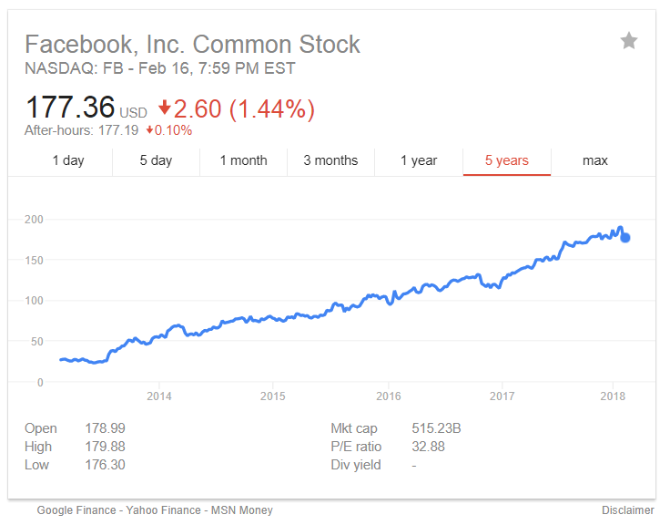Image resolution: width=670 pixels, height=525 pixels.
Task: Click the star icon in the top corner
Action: click(x=629, y=41)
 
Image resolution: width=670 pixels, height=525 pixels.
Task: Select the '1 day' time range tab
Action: click(x=68, y=160)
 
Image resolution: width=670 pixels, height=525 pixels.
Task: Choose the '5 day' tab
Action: click(x=156, y=160)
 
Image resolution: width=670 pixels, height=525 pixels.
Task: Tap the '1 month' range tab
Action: click(x=243, y=160)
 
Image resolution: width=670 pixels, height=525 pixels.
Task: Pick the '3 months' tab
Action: click(x=330, y=160)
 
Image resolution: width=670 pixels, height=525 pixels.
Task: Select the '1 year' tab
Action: click(x=419, y=160)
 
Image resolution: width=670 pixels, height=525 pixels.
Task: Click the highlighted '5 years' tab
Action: click(x=506, y=160)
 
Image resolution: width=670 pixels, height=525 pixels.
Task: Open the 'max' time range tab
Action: click(x=594, y=160)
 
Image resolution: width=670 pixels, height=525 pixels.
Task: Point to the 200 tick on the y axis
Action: click(x=34, y=220)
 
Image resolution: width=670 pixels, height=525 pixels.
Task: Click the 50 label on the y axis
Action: click(x=36, y=342)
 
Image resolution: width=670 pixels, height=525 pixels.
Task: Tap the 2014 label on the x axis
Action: click(x=158, y=396)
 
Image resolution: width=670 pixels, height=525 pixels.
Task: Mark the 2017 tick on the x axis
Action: click(x=502, y=396)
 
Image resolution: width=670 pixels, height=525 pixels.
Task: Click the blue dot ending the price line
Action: click(x=625, y=238)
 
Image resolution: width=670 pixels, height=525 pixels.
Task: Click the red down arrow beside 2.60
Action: click(x=164, y=108)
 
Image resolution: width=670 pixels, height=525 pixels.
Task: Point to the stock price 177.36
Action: click(x=70, y=108)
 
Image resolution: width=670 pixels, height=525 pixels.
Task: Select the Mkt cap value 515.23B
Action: click(x=435, y=428)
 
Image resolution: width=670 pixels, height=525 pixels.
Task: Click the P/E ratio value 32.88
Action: click(x=428, y=447)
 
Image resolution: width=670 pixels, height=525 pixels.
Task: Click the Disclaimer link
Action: click(x=627, y=510)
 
